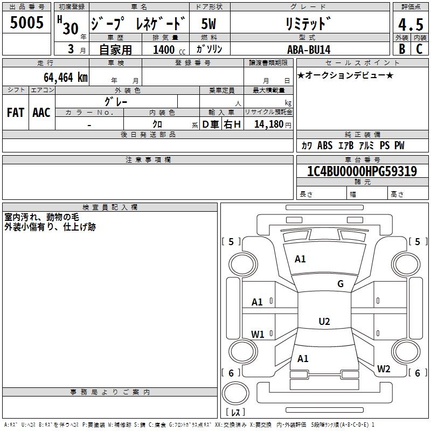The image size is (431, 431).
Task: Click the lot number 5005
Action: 27,23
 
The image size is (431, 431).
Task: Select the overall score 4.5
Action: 410,25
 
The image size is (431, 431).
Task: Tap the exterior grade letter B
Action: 401,49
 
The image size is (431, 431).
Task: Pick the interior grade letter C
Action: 419,49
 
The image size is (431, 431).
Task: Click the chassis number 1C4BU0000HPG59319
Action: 362,172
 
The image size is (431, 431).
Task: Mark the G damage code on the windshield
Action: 340,284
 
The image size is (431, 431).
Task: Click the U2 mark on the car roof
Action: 324,322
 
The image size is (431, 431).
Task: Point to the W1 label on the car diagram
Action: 258,335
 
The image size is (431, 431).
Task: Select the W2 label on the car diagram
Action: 384,369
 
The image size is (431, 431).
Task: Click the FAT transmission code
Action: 15,113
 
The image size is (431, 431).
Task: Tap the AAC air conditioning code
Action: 41,113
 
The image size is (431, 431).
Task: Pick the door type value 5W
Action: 210,24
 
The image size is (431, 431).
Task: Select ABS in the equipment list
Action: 325,145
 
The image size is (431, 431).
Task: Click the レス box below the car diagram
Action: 235,413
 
